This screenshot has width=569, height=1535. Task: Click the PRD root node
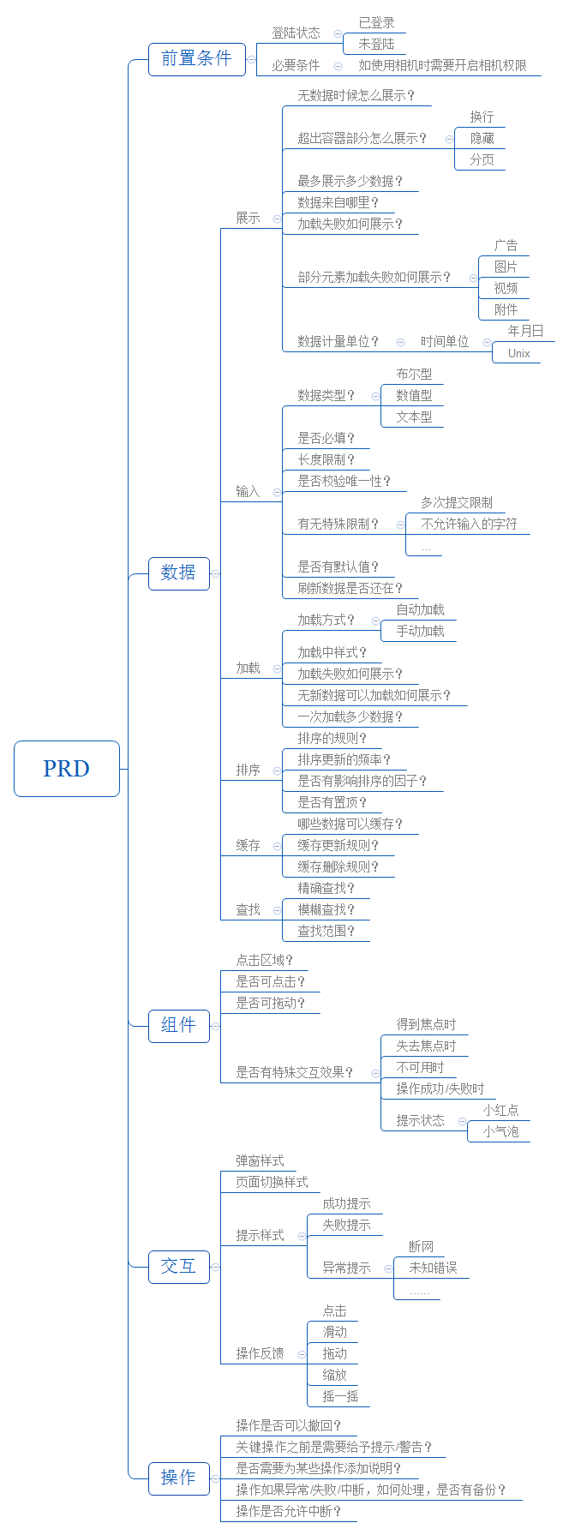point(67,769)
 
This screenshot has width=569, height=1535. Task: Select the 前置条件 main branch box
point(196,59)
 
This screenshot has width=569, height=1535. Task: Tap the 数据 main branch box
point(178,573)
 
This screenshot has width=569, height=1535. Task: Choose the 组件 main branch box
point(178,1025)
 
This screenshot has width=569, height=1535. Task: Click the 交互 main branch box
point(178,1266)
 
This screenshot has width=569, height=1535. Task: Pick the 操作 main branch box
point(178,1478)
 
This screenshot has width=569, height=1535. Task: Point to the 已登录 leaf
point(377,23)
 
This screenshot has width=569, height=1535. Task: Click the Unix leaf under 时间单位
point(518,353)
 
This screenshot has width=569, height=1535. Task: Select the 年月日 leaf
point(525,331)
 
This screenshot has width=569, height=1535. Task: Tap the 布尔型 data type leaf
point(414,375)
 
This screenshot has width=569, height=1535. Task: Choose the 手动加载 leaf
point(420,632)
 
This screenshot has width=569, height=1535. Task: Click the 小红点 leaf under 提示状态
point(500,1110)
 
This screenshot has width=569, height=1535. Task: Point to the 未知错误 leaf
point(433,1268)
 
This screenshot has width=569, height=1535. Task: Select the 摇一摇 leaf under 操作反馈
point(340,1396)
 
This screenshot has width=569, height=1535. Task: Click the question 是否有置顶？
point(332,803)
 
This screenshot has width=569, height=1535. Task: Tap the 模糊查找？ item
point(326,910)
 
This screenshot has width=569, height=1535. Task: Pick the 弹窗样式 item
point(260,1161)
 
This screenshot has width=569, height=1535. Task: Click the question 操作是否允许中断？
point(288,1511)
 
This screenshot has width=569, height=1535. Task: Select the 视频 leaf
point(506,289)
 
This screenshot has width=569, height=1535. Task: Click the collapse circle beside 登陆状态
point(338,33)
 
